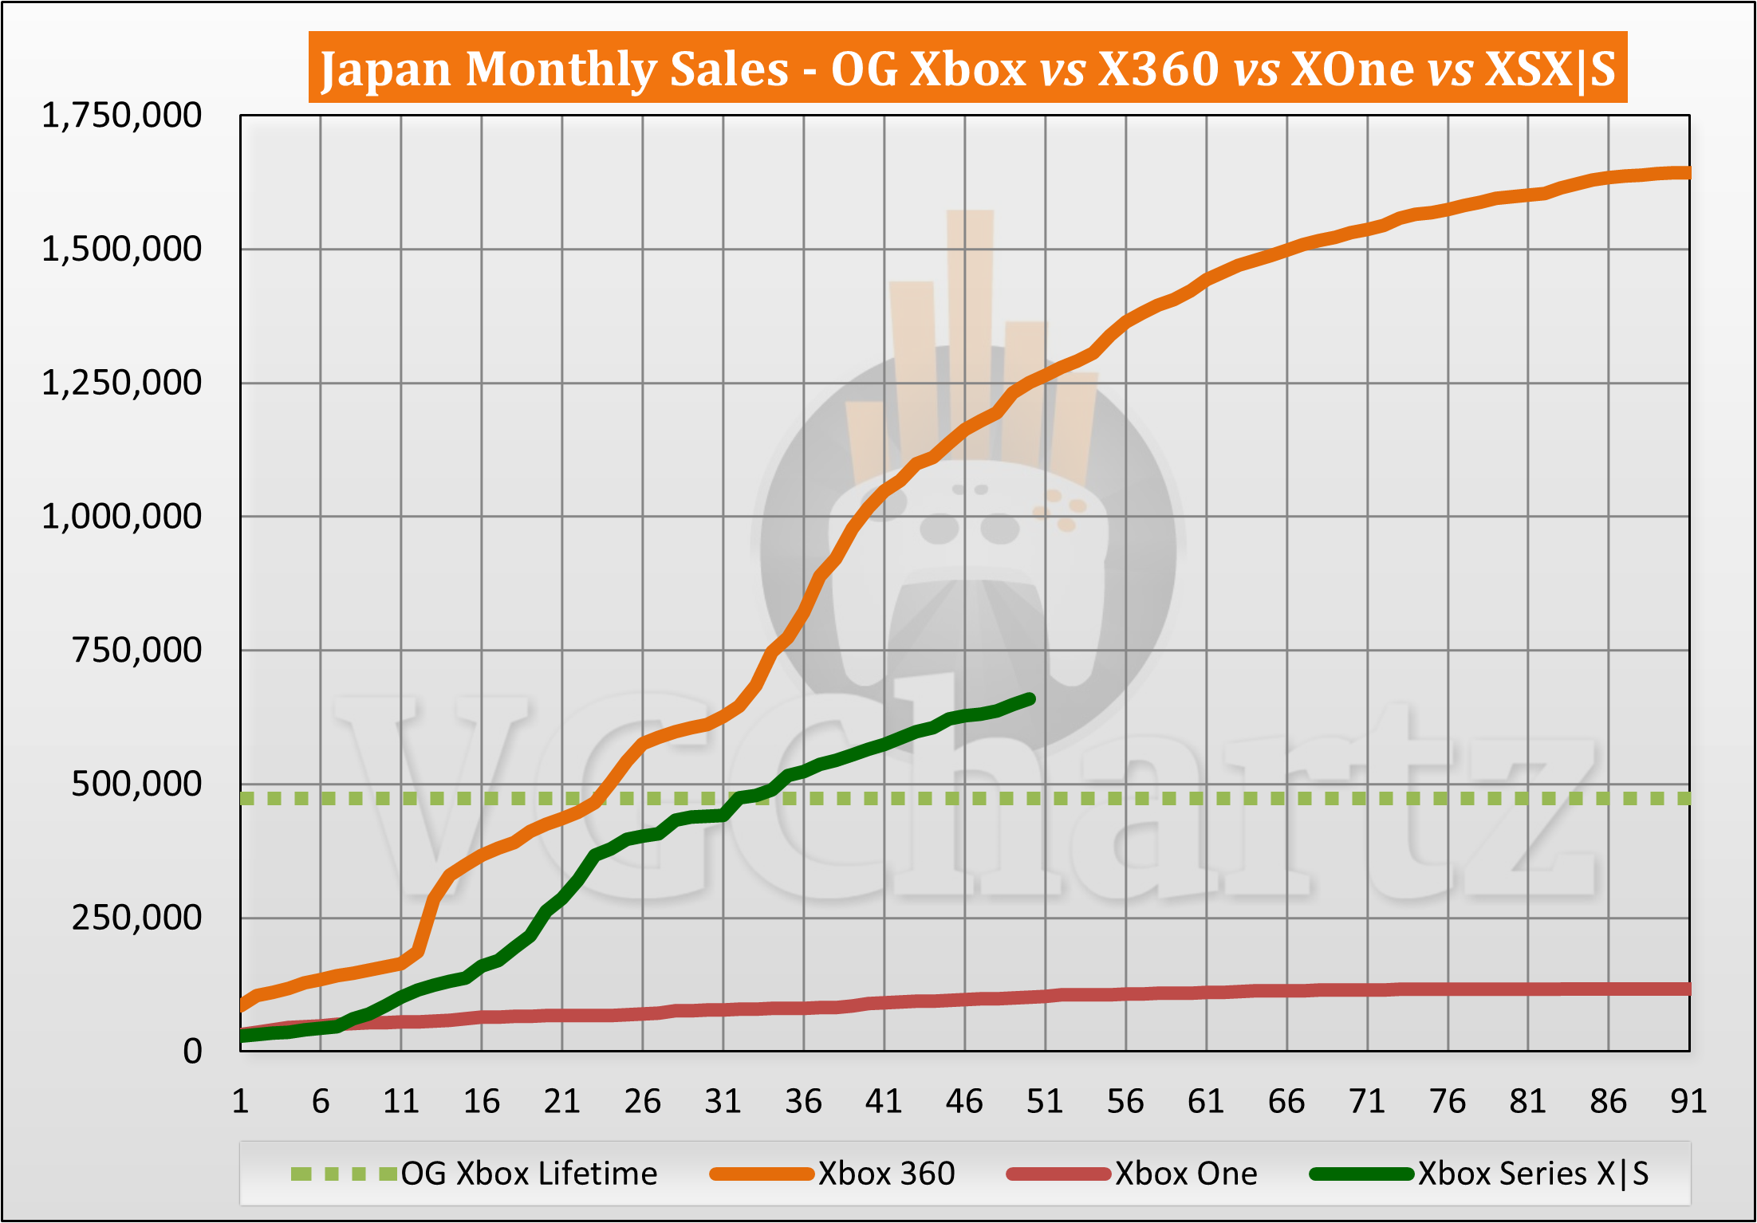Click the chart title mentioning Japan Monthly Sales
pyautogui.click(x=967, y=69)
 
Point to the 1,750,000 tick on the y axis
pyautogui.click(x=121, y=116)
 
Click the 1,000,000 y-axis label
pyautogui.click(x=121, y=517)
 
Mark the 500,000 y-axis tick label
pyautogui.click(x=136, y=784)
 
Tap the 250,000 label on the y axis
pyautogui.click(x=136, y=918)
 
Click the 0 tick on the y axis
pyautogui.click(x=192, y=1052)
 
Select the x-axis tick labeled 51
pyautogui.click(x=1045, y=1102)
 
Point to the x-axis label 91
pyautogui.click(x=1688, y=1102)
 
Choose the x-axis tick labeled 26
pyautogui.click(x=642, y=1102)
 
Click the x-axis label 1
pyautogui.click(x=240, y=1102)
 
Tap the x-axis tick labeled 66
pyautogui.click(x=1286, y=1102)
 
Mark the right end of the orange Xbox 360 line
pyautogui.click(x=1687, y=173)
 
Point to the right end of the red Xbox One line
pyautogui.click(x=1687, y=989)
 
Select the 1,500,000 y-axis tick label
pyautogui.click(x=121, y=250)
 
